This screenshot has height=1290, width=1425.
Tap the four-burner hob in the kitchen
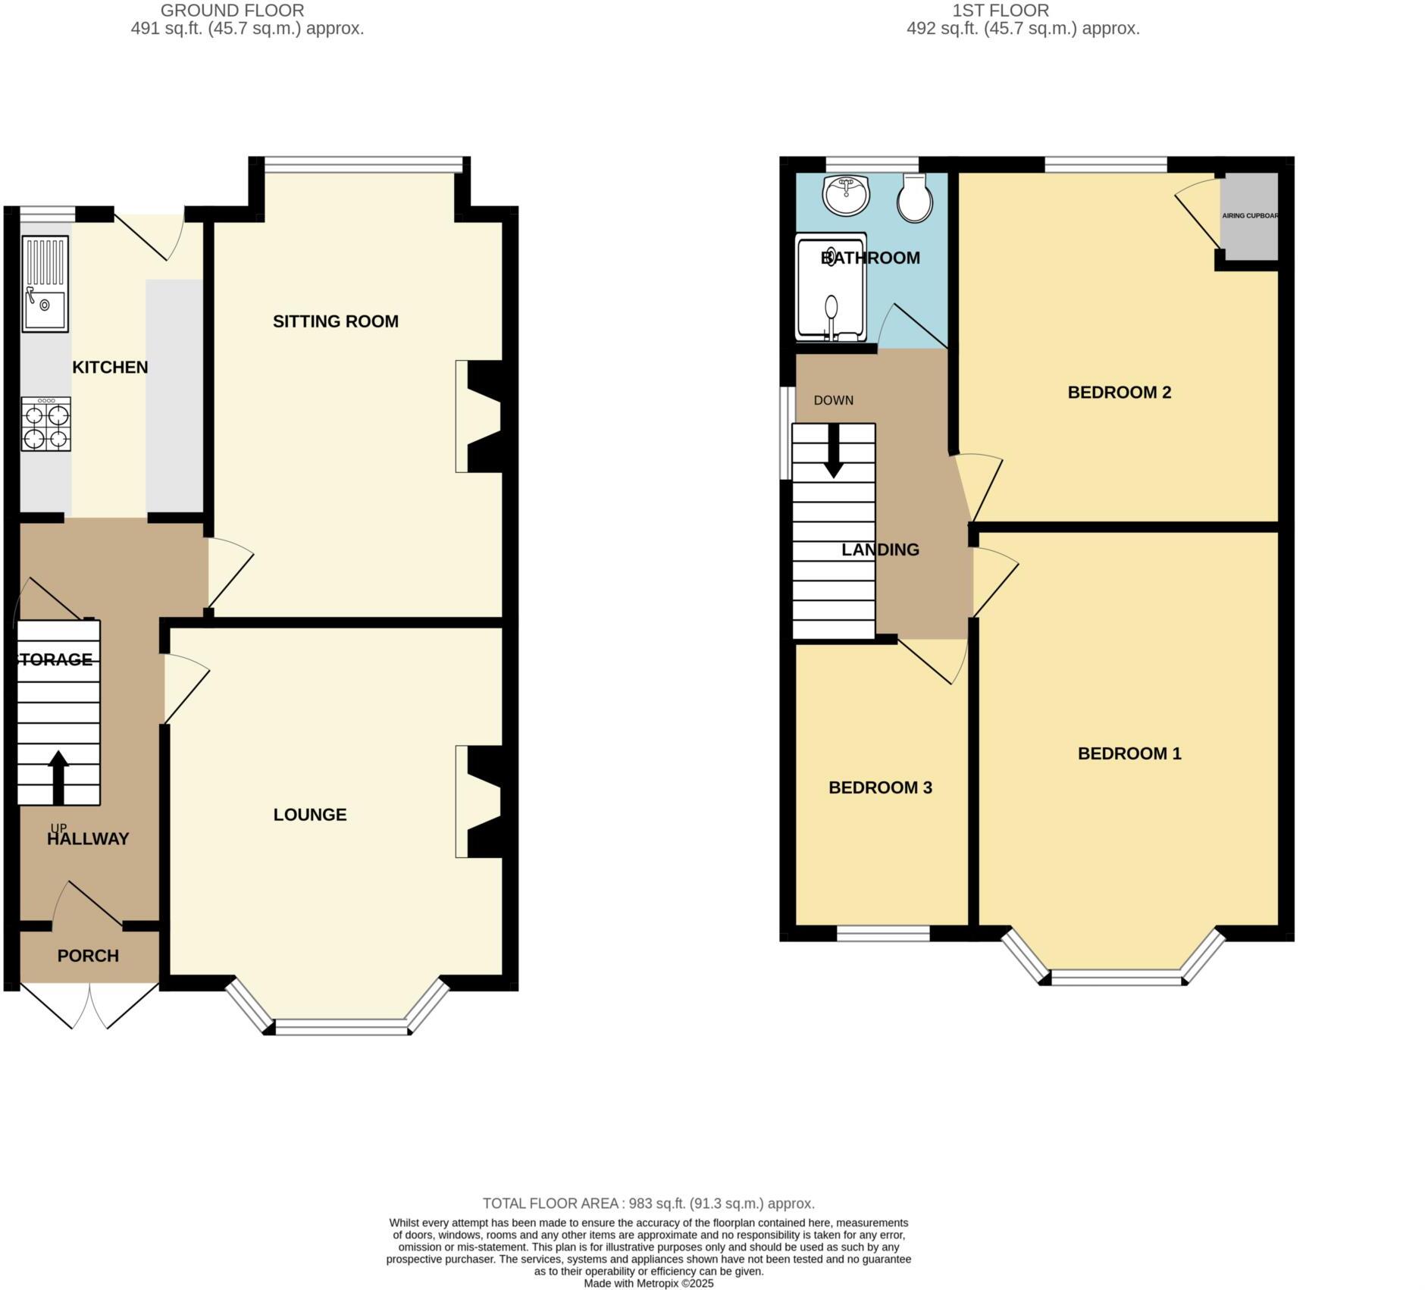coord(47,424)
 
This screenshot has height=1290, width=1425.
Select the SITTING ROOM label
coord(335,321)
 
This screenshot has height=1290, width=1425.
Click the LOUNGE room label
coord(310,815)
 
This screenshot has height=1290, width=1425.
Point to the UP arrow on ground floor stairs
coord(58,776)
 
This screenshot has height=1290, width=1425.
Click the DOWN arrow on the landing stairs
coord(834,452)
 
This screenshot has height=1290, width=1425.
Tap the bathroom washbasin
coord(845,196)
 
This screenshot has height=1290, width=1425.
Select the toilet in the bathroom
coord(915,199)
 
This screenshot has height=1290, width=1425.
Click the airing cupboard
coord(1249,217)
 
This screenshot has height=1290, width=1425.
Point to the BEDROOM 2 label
coord(1119,393)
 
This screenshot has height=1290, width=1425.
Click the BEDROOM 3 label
coord(880,788)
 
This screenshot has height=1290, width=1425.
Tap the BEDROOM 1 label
coord(1129,753)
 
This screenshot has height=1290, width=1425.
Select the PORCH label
coord(88,956)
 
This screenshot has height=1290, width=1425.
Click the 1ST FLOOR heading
coord(1001,11)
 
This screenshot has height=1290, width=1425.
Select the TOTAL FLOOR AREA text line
coord(649,1204)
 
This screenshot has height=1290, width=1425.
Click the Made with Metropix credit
coord(649,1283)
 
